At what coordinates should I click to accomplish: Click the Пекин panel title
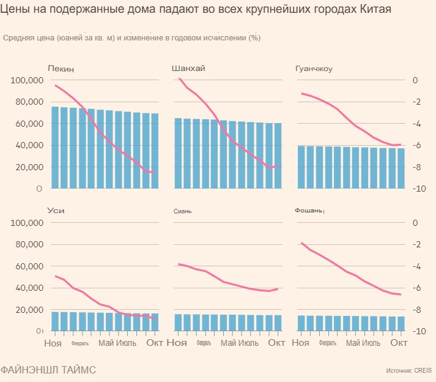click(x=61, y=69)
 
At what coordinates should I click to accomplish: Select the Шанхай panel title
click(x=188, y=69)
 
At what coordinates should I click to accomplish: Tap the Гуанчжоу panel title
click(x=314, y=69)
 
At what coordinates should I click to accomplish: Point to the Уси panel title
click(x=56, y=211)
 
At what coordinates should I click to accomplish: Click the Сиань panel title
click(x=182, y=211)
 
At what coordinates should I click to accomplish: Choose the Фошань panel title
click(x=309, y=211)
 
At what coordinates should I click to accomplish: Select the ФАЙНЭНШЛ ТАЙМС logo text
click(x=48, y=370)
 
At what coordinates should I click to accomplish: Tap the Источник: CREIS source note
click(x=409, y=371)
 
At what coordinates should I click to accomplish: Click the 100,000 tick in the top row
click(x=26, y=81)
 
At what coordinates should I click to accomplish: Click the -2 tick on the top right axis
click(x=415, y=102)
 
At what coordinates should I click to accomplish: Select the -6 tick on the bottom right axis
click(x=415, y=288)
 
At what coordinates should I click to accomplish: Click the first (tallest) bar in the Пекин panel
click(x=55, y=148)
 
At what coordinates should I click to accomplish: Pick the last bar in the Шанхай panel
click(x=278, y=156)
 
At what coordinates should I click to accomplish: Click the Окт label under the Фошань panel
click(x=399, y=343)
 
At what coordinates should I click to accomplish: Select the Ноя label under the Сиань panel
click(x=177, y=343)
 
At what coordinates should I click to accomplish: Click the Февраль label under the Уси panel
click(x=80, y=343)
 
